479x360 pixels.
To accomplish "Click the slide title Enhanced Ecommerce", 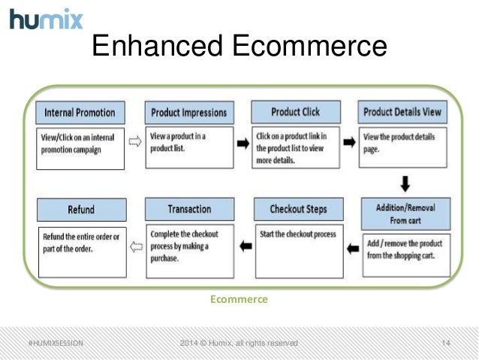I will point(239,47).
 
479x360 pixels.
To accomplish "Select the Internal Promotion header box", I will point(80,113).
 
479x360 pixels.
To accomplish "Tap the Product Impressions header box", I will point(188,113).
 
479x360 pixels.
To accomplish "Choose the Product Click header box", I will point(295,112).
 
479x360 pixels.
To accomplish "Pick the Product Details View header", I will point(402,112).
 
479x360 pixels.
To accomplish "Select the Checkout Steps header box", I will point(297,209).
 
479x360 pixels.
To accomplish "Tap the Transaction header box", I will point(189,209).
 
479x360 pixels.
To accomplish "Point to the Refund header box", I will point(81,210).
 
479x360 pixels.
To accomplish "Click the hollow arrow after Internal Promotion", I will point(135,141).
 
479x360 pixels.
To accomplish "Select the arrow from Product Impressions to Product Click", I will point(243,141).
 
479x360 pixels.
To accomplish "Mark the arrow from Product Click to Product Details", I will point(349,141).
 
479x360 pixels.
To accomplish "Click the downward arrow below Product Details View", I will point(405,183).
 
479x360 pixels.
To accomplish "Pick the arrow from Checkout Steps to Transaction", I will point(244,244).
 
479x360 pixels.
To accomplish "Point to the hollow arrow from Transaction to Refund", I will point(136,244).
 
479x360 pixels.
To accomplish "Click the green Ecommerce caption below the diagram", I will point(239,299).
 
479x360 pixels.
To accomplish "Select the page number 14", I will point(446,343).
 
